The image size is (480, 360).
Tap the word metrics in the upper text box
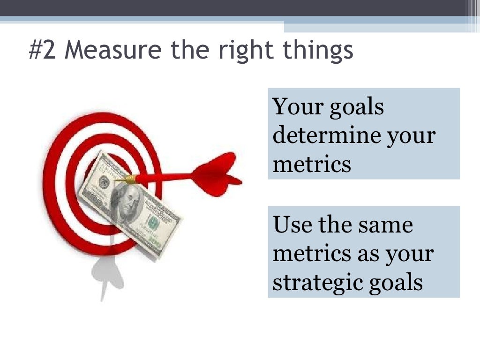[312, 164]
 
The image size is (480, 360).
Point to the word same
[385, 225]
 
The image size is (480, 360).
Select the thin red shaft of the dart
[164, 178]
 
